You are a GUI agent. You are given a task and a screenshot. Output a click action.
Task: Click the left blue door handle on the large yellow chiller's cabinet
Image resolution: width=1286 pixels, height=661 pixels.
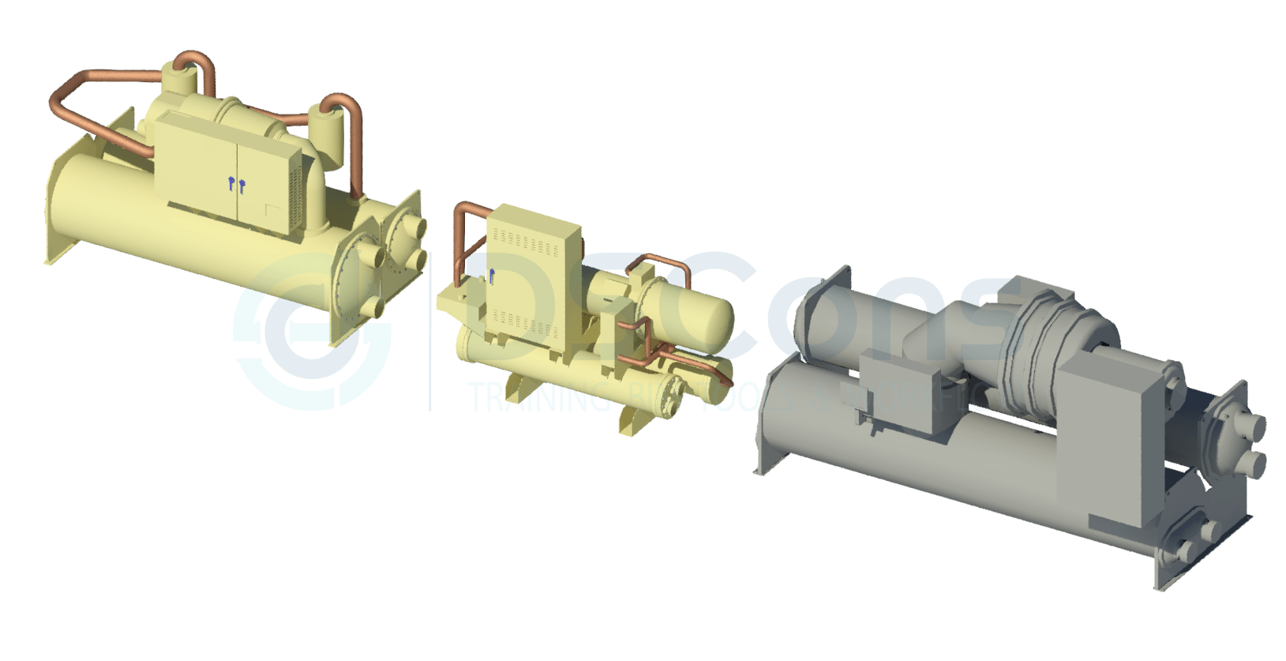click(231, 185)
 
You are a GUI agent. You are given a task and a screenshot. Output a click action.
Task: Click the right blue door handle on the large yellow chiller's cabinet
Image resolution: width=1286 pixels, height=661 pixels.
click(242, 187)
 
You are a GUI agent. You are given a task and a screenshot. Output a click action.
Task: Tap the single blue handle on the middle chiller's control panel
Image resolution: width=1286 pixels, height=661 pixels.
click(491, 276)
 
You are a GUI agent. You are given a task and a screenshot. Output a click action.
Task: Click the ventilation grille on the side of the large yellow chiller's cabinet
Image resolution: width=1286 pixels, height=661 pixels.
click(296, 198)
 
